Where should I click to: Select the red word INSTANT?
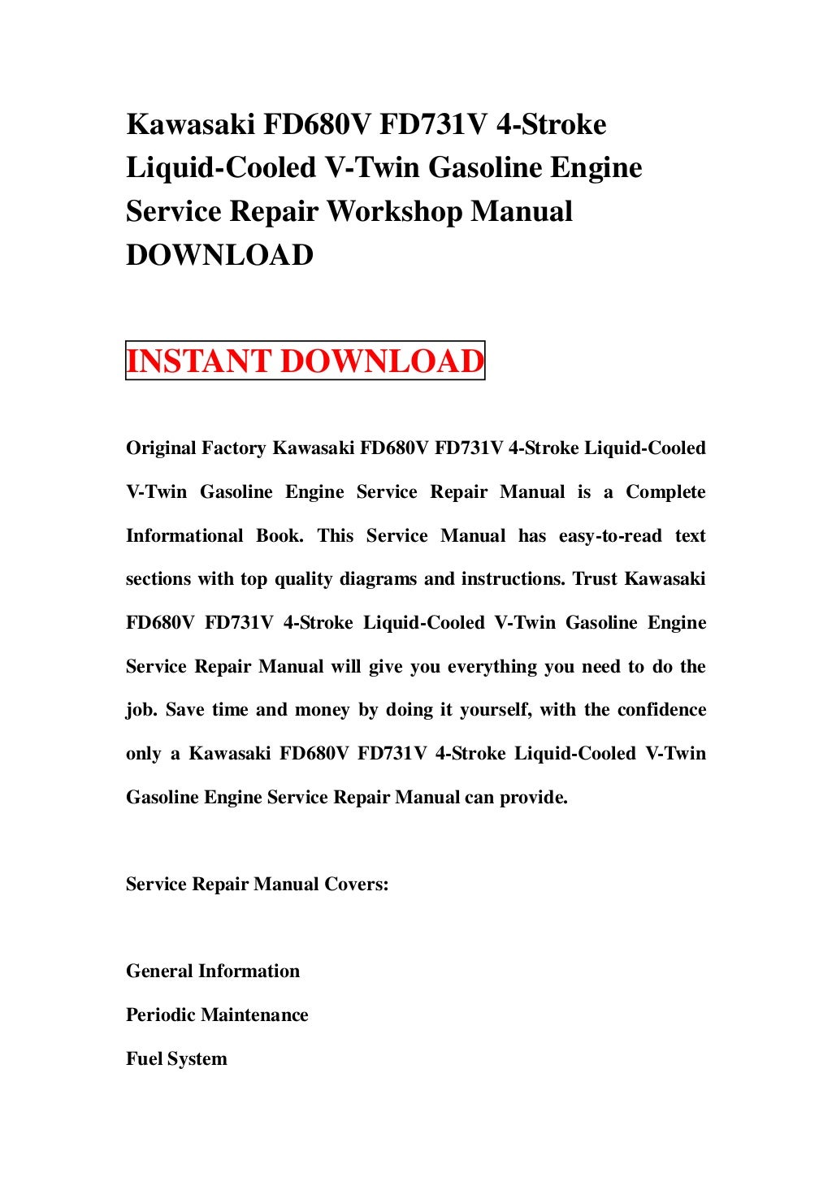[199, 361]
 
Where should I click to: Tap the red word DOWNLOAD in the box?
[381, 361]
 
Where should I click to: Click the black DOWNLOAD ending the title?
[219, 255]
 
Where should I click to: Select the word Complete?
[665, 492]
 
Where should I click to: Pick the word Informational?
[184, 536]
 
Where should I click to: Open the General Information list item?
[213, 971]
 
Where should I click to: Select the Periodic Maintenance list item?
[217, 1015]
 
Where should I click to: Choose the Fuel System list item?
[176, 1059]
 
